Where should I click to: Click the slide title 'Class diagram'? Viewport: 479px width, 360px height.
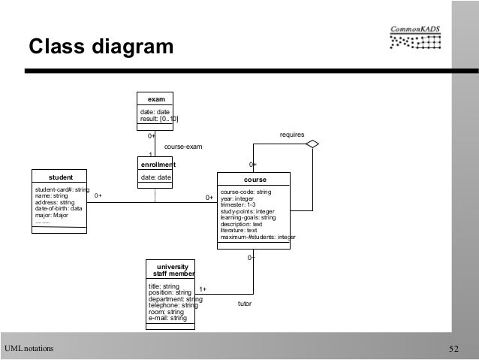pyautogui.click(x=100, y=47)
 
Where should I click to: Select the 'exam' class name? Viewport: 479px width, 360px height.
pyautogui.click(x=156, y=98)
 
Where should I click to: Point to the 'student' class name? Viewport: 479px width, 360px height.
pyautogui.click(x=61, y=178)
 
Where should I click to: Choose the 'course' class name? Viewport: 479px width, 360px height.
pyautogui.click(x=255, y=180)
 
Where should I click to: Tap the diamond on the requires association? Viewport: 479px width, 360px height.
pyautogui.click(x=312, y=143)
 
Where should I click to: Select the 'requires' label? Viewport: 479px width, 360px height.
pyautogui.click(x=291, y=135)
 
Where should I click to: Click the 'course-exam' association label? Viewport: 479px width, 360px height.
pyautogui.click(x=182, y=147)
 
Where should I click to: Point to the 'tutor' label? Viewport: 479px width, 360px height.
pyautogui.click(x=245, y=304)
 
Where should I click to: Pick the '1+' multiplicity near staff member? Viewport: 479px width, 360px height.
pyautogui.click(x=203, y=289)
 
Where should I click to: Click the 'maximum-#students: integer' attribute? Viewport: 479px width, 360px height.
pyautogui.click(x=258, y=237)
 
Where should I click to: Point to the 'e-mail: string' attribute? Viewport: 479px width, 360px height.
pyautogui.click(x=168, y=318)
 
